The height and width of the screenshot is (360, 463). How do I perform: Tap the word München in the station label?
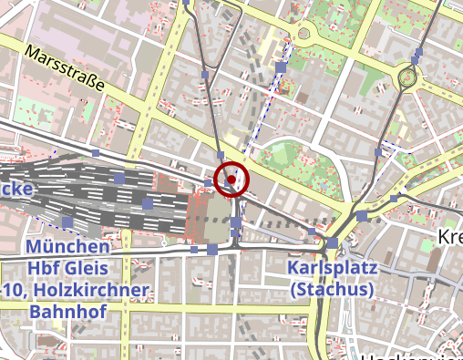pyautogui.click(x=68, y=247)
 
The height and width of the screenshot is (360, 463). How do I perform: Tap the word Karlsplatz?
pyautogui.click(x=330, y=268)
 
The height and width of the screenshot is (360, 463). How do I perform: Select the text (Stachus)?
pyautogui.click(x=330, y=290)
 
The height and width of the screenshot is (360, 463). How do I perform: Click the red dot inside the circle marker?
pyautogui.click(x=233, y=180)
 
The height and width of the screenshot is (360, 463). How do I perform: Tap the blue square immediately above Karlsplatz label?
pyautogui.click(x=333, y=244)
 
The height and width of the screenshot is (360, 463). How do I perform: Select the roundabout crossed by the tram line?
pyautogui.click(x=406, y=78)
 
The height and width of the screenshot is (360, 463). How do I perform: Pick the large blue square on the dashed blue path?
pyautogui.click(x=281, y=67)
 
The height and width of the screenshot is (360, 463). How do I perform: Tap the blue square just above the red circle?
pyautogui.click(x=221, y=155)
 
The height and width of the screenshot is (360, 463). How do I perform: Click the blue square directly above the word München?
pyautogui.click(x=67, y=222)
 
